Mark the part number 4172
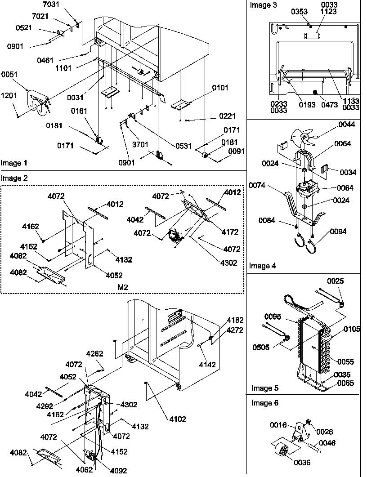229,232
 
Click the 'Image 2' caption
14,178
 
